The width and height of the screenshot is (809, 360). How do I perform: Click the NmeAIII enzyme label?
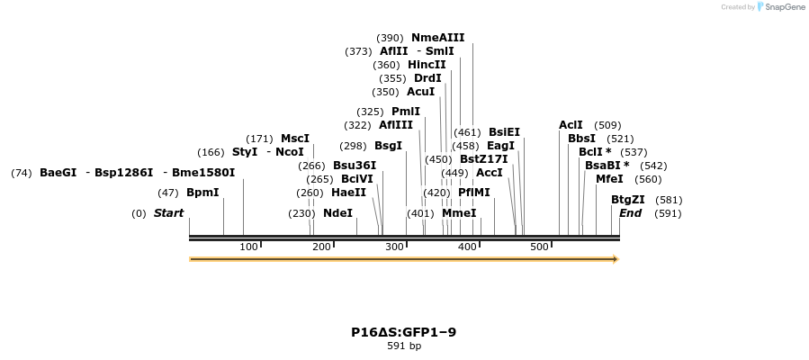(437, 38)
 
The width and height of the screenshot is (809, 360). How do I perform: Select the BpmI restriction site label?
(202, 193)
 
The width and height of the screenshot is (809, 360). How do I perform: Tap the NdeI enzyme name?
(337, 213)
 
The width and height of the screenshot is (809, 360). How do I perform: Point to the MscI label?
(295, 139)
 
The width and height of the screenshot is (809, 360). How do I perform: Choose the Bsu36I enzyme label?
(355, 166)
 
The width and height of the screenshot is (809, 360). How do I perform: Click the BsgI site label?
(388, 146)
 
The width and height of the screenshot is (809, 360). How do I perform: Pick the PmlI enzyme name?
(406, 112)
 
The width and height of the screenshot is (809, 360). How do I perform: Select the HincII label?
(427, 65)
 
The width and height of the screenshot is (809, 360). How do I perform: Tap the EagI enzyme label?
(500, 146)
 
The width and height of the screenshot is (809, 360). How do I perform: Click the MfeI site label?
(609, 179)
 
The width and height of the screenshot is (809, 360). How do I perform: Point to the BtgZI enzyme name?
(628, 200)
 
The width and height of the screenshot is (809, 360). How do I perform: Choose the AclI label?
(571, 125)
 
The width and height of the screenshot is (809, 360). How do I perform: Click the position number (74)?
(22, 173)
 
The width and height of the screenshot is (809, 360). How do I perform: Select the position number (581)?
(669, 200)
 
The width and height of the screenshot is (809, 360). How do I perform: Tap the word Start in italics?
(168, 213)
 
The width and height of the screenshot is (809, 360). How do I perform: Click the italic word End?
(630, 213)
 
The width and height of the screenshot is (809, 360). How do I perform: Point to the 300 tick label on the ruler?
(394, 247)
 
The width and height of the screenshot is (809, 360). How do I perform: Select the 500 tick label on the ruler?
(539, 247)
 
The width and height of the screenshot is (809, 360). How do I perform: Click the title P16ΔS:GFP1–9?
(403, 332)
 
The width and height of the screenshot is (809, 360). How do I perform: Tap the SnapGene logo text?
(786, 7)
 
